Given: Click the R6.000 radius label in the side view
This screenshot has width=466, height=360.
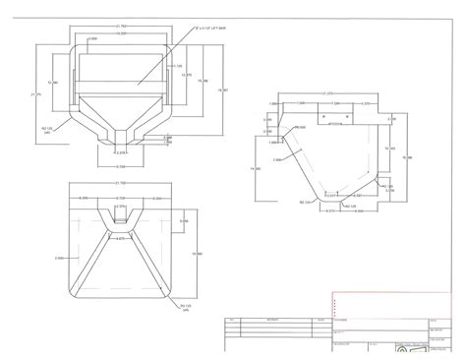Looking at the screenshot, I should point(302,127).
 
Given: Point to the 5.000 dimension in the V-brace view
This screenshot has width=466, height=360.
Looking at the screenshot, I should point(183,221).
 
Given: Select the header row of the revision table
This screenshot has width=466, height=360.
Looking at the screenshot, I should point(275,321).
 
